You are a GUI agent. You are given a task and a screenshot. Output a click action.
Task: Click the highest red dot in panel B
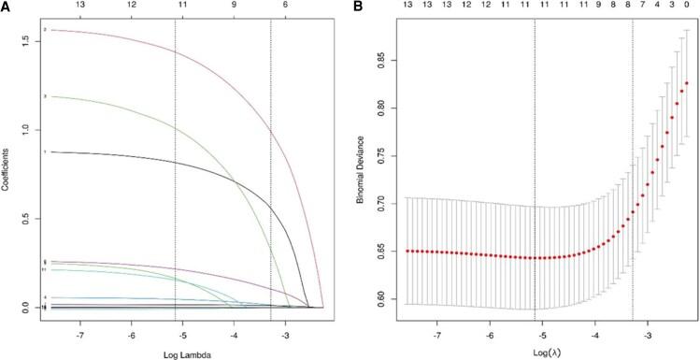(687, 83)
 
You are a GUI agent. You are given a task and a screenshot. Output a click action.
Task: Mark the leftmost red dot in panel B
(407, 251)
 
